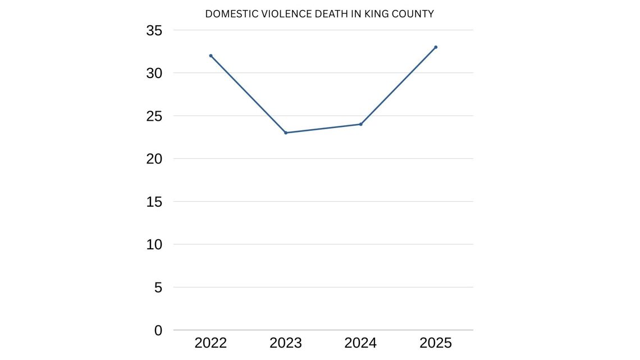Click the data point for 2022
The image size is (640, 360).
coord(211,56)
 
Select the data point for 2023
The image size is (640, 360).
coord(286,133)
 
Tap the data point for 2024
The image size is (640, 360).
coord(360,124)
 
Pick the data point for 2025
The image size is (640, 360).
coord(436,47)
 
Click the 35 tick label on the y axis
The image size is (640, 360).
coord(154,31)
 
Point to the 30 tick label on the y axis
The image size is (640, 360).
coord(154,74)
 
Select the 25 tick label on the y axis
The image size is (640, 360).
coord(154,116)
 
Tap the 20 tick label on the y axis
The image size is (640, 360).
coord(154,159)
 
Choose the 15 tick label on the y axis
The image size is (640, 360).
coord(154,202)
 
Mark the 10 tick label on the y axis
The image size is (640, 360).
coord(154,245)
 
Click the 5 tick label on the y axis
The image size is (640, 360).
coord(158,288)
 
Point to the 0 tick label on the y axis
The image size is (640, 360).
coord(158,331)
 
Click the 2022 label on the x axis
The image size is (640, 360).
coord(211,343)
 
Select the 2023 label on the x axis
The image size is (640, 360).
coord(286,343)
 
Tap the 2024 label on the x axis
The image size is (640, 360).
coord(360,343)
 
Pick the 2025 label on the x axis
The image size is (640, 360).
coord(436,343)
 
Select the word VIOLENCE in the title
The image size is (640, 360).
coord(279,14)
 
